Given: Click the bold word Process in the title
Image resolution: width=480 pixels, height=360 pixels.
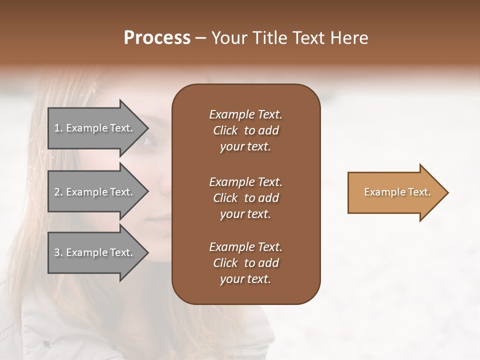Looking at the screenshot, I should click(157, 38).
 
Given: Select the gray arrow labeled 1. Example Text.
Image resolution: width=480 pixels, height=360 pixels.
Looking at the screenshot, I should click(95, 128).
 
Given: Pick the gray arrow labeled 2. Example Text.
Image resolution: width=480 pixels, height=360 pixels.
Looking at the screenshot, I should click(95, 192).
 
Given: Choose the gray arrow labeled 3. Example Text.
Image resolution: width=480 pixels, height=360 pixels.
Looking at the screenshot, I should click(95, 252).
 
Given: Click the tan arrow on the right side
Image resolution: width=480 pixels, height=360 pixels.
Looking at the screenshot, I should click(395, 192).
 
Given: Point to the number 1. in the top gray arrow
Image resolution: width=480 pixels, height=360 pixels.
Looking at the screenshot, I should click(58, 128).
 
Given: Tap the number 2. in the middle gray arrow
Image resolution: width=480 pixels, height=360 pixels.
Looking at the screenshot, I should click(58, 192).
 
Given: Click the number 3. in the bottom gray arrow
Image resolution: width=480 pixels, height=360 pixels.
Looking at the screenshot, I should click(58, 252).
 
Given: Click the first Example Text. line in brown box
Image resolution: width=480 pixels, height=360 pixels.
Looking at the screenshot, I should click(245, 114).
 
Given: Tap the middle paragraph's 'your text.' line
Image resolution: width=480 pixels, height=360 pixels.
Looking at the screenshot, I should click(245, 214).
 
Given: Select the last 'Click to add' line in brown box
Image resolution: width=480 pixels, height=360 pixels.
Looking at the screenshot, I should click(245, 263).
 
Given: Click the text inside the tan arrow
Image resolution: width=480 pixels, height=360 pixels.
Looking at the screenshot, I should click(397, 192).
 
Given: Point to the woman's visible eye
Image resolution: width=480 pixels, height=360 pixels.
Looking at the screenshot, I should click(146, 139).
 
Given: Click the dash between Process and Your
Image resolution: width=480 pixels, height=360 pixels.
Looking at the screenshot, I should click(200, 38).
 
